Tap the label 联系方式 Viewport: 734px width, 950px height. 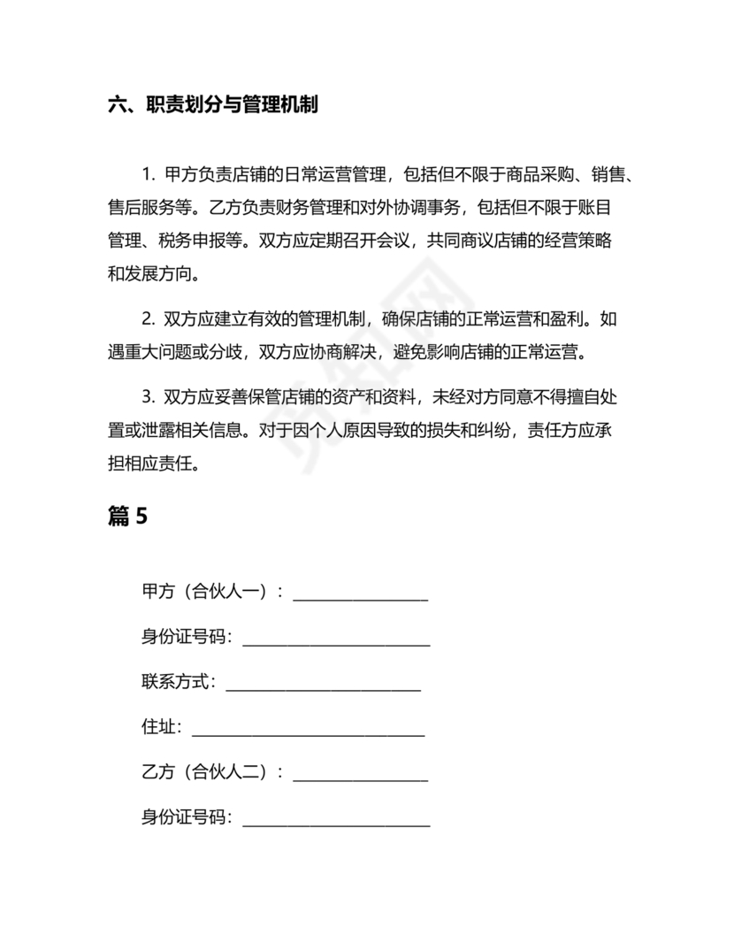click(x=176, y=682)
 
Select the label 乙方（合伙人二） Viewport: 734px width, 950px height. click(x=207, y=772)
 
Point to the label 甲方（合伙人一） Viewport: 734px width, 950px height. click(x=207, y=592)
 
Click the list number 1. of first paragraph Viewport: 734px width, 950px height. click(x=148, y=175)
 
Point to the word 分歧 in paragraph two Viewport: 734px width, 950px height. click(x=228, y=351)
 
